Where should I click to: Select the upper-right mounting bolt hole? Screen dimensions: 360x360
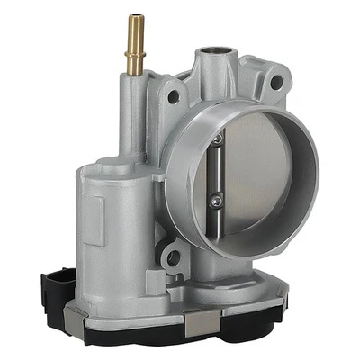[276, 83]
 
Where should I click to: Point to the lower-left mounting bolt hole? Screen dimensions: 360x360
[172, 259]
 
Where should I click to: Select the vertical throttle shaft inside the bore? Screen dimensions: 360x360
[217, 171]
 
